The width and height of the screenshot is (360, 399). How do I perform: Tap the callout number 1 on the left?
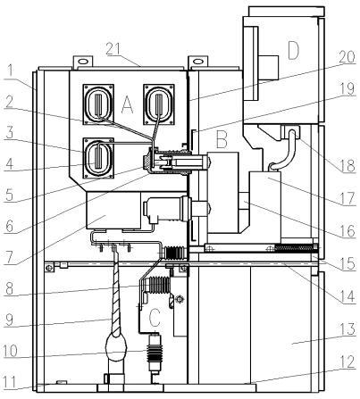click(7, 70)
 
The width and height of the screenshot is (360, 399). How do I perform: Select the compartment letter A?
click(128, 105)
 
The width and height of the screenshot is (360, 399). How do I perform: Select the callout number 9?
click(7, 313)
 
